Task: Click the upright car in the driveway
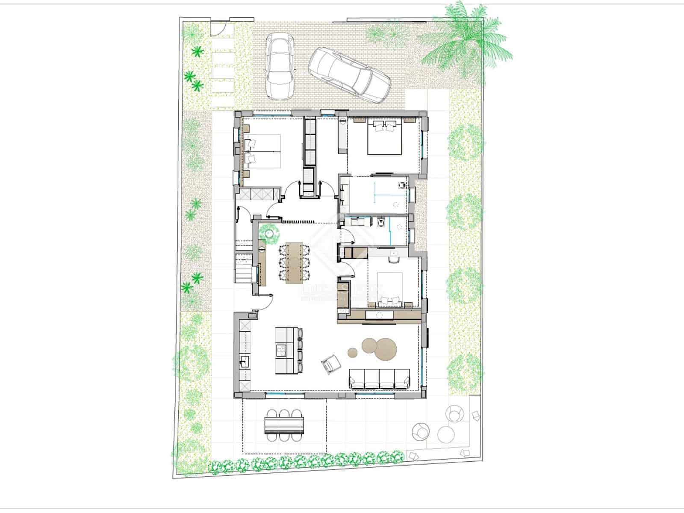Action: pyautogui.click(x=280, y=66)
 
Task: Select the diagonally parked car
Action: pyautogui.click(x=350, y=75)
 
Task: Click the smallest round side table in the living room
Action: pyautogui.click(x=352, y=353)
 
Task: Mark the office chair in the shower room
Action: pyautogui.click(x=402, y=185)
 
